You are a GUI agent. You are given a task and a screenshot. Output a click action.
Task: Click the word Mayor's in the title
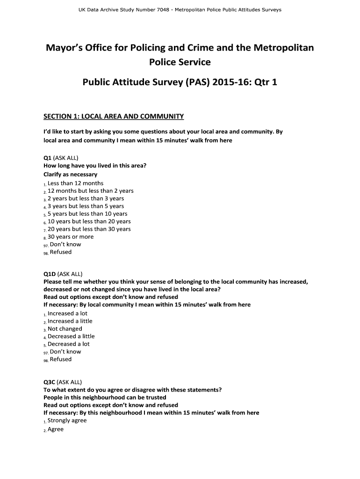[64, 48]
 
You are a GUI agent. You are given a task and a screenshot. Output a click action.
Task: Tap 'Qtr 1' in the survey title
[265, 83]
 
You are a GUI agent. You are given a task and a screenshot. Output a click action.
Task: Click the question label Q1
[48, 158]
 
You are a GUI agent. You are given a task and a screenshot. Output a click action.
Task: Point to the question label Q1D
[50, 274]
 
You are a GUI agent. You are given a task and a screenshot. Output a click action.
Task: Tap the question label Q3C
[50, 382]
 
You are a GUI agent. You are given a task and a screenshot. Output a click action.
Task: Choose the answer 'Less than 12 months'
[75, 183]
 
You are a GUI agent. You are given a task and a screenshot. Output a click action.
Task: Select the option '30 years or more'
[70, 237]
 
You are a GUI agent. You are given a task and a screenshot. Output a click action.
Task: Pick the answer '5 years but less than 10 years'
[87, 214]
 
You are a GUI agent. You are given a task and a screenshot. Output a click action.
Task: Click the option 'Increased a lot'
[67, 313]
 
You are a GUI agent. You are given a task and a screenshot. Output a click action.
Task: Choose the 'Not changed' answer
[65, 329]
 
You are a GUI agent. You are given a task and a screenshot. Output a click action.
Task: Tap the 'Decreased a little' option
[71, 336]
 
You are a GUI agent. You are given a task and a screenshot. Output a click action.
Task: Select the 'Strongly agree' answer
[67, 421]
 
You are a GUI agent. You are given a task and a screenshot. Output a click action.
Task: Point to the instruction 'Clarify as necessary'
[71, 174]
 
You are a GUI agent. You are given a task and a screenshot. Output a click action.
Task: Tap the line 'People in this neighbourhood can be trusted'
[105, 398]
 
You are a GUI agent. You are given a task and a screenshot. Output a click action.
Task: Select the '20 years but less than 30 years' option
[89, 229]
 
